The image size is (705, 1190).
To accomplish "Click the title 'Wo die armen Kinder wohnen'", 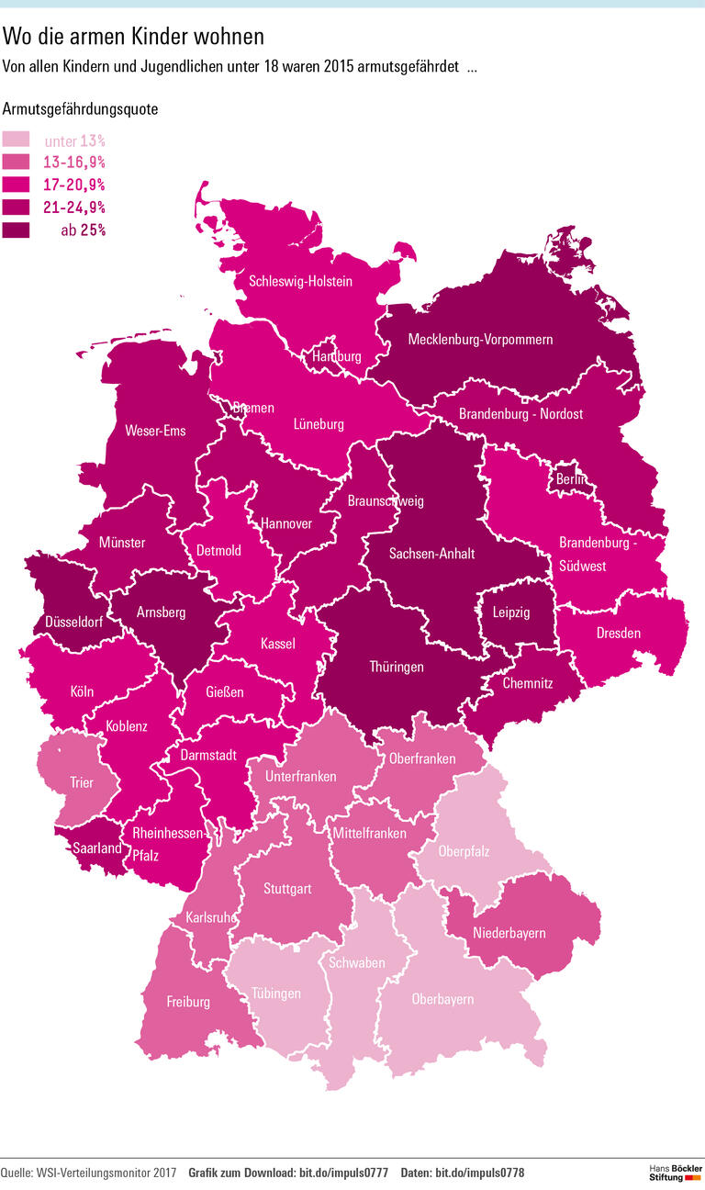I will (134, 36).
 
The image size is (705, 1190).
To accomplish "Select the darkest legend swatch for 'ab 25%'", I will (16, 230).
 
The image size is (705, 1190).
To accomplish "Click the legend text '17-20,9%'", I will (74, 185).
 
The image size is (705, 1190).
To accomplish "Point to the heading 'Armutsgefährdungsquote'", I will (81, 108).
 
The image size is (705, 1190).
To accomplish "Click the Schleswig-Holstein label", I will (300, 281).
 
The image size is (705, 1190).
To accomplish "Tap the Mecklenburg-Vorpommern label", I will (480, 340).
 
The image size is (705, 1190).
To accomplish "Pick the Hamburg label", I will (337, 356).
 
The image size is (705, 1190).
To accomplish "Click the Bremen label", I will (252, 408).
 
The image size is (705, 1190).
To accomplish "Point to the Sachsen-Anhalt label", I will (431, 554).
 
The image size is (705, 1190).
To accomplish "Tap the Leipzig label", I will (511, 612).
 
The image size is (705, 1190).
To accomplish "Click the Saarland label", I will (98, 848).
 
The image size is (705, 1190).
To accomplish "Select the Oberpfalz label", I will (464, 852).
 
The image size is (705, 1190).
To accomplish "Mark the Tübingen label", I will (276, 994).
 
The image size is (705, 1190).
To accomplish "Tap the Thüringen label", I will (397, 667).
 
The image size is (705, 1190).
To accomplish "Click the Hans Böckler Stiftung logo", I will (676, 1172).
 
